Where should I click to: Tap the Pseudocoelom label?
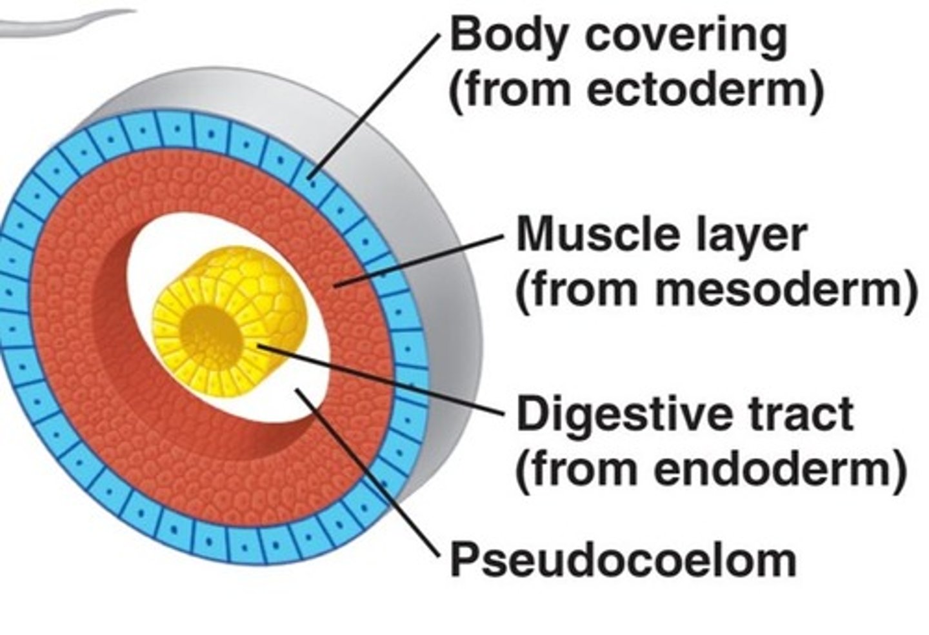[x=623, y=560]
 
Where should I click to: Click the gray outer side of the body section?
[x=445, y=290]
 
